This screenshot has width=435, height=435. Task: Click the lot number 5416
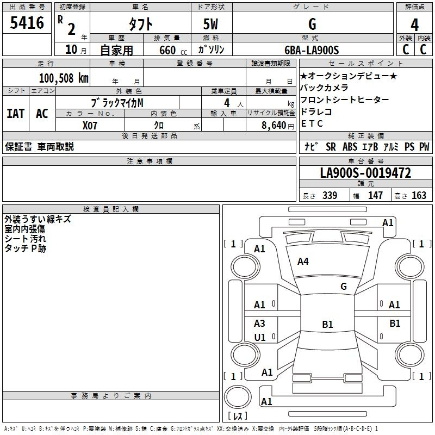tap(27, 23)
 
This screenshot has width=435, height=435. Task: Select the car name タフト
tap(140, 24)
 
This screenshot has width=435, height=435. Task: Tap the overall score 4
tap(414, 24)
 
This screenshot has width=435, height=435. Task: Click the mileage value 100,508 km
tap(64, 78)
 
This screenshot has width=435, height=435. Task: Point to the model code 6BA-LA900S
tap(312, 50)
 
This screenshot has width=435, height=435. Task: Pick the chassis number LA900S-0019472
tap(365, 173)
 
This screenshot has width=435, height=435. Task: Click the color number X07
tap(90, 126)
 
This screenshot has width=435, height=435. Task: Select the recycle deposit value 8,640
tap(274, 126)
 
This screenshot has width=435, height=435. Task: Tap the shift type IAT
tap(16, 114)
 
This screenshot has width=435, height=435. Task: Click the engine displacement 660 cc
tap(173, 50)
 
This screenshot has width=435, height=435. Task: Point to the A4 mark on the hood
tap(303, 262)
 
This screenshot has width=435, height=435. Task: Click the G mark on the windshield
tap(344, 287)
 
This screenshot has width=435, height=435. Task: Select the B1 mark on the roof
tap(327, 324)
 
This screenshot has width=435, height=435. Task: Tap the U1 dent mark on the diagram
tap(260, 337)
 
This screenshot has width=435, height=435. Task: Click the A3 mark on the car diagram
tap(259, 323)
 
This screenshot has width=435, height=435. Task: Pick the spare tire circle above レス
tap(238, 397)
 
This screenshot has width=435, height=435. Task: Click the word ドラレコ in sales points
tap(316, 111)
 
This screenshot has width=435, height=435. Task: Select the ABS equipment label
tap(350, 147)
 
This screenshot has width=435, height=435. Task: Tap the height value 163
tap(419, 195)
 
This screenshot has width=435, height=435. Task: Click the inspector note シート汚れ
tap(25, 239)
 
